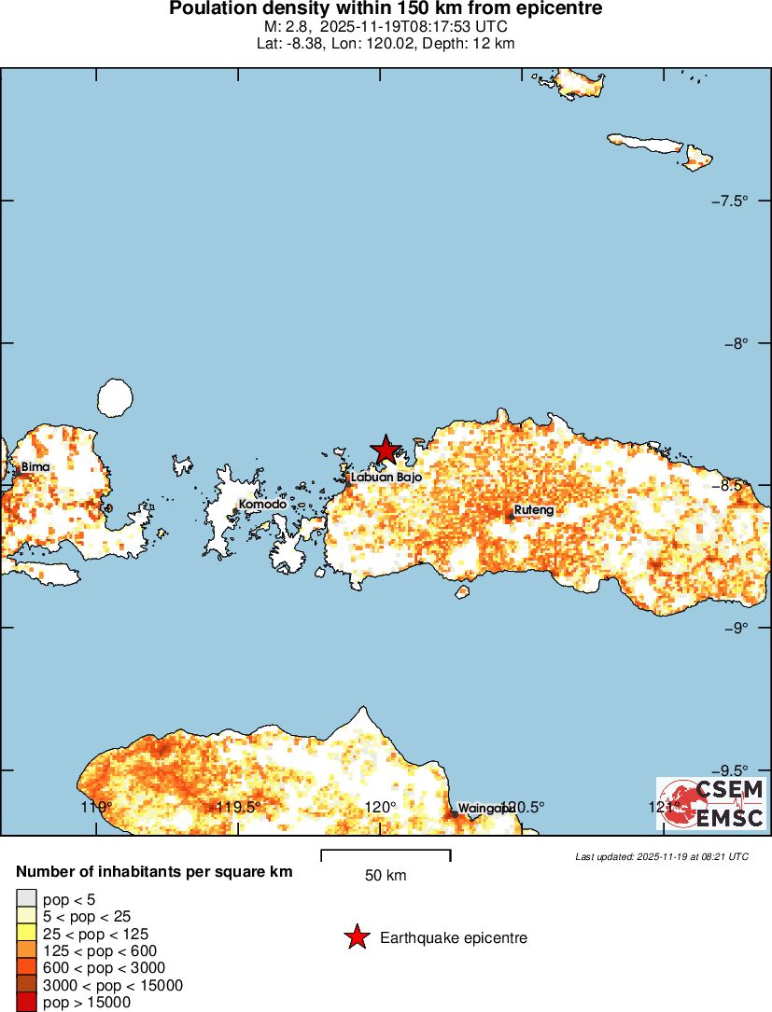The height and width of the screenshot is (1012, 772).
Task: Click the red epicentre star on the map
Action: pyautogui.click(x=385, y=450)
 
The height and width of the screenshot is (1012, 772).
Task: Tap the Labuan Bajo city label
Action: pyautogui.click(x=386, y=477)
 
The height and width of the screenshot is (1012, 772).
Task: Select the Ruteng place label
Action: pyautogui.click(x=534, y=510)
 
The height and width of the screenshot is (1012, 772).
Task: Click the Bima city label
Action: pyautogui.click(x=35, y=466)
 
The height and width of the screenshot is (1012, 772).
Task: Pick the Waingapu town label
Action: pyautogui.click(x=484, y=809)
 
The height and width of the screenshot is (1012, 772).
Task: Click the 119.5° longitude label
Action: pyautogui.click(x=238, y=807)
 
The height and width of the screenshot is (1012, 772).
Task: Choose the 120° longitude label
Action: pyautogui.click(x=381, y=807)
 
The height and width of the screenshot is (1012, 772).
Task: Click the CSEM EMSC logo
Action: pyautogui.click(x=710, y=803)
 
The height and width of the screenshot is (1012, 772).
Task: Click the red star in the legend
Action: pyautogui.click(x=356, y=937)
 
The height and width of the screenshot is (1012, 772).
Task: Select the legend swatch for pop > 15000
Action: pyautogui.click(x=25, y=1003)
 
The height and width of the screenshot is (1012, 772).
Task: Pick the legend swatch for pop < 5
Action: pyautogui.click(x=25, y=899)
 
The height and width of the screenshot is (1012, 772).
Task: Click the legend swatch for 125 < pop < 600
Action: pyautogui.click(x=25, y=950)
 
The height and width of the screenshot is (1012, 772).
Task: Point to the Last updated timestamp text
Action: pyautogui.click(x=661, y=855)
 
